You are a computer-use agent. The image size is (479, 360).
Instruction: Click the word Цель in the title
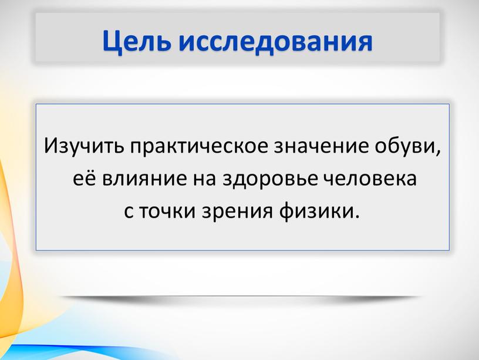click(136, 42)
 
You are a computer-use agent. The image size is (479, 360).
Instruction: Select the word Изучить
click(84, 146)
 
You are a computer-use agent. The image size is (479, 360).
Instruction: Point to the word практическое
click(200, 147)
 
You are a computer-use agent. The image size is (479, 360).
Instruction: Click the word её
click(84, 178)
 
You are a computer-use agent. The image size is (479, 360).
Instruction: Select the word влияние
click(144, 179)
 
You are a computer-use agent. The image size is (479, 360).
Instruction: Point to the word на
click(204, 179)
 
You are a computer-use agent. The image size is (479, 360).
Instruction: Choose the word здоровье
click(269, 179)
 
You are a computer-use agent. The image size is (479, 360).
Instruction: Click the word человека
click(370, 179)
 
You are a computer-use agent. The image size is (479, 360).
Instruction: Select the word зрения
click(237, 212)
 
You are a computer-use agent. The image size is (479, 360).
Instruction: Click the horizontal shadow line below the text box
click(241, 297)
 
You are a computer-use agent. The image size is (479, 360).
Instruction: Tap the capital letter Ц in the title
click(111, 42)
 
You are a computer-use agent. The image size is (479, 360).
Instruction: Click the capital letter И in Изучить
click(50, 146)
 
